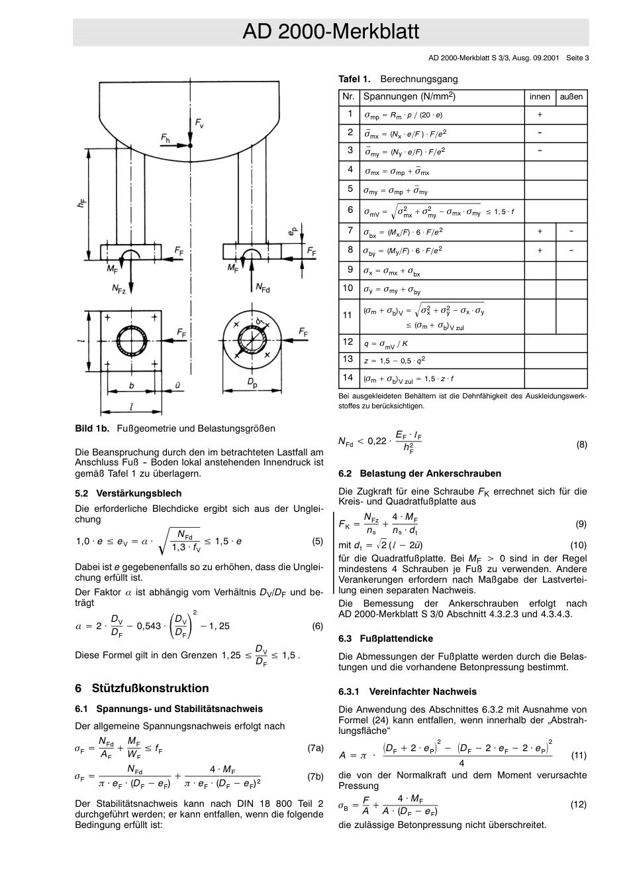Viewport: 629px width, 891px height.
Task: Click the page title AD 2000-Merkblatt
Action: pyautogui.click(x=330, y=32)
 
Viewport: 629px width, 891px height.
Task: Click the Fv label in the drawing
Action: pyautogui.click(x=199, y=123)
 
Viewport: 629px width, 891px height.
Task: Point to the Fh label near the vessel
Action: pyautogui.click(x=166, y=137)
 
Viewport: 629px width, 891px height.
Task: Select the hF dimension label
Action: pyautogui.click(x=81, y=205)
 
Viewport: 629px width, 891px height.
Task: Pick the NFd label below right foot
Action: pyautogui.click(x=263, y=288)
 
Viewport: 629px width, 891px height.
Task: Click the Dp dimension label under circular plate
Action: pyautogui.click(x=253, y=383)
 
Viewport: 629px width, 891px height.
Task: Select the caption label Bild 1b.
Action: pyautogui.click(x=92, y=428)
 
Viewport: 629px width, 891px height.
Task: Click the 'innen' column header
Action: pyautogui.click(x=540, y=97)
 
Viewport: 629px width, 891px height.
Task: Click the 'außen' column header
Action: pyautogui.click(x=571, y=97)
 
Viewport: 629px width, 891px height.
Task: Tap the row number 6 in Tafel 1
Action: pyautogui.click(x=350, y=209)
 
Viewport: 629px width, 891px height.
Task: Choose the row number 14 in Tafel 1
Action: pyautogui.click(x=348, y=377)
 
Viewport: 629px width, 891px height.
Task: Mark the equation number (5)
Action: pyautogui.click(x=318, y=541)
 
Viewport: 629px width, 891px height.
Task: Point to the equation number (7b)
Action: pyautogui.click(x=315, y=776)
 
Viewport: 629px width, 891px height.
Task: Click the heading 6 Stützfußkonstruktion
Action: pyautogui.click(x=142, y=688)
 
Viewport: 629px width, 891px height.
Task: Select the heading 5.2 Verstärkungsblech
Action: pyautogui.click(x=128, y=493)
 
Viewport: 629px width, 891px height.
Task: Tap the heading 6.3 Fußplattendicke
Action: pyautogui.click(x=385, y=638)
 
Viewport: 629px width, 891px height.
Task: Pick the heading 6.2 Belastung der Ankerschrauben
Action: pyautogui.click(x=420, y=473)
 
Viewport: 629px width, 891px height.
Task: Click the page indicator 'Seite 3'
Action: pyautogui.click(x=577, y=58)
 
